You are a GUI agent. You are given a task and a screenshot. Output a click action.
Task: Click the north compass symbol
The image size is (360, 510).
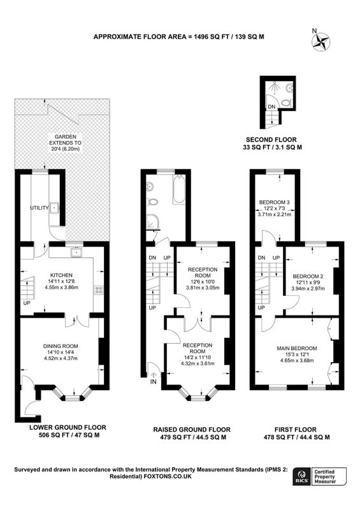point(321,42)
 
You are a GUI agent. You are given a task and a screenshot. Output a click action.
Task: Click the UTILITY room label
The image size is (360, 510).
point(40,208)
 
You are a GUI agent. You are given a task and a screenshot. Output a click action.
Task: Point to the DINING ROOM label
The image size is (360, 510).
point(61,346)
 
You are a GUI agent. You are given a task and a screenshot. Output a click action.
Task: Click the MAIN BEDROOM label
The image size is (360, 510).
point(296,348)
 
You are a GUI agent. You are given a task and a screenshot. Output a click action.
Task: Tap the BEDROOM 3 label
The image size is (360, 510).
point(274,202)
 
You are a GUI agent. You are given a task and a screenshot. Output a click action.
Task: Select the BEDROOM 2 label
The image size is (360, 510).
point(308,277)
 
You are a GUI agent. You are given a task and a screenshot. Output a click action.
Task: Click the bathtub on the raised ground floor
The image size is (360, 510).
point(179,189)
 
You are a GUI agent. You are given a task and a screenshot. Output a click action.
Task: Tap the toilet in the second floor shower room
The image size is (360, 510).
point(286,103)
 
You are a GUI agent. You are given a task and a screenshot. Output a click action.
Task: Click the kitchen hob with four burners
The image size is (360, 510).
point(99,290)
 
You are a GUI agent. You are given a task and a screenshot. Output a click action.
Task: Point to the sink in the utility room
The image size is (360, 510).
point(54,207)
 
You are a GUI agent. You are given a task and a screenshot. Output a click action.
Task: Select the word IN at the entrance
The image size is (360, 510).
point(153,382)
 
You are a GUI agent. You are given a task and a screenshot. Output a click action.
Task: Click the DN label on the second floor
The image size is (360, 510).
point(271,106)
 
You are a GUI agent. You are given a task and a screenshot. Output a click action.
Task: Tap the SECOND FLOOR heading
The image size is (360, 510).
point(271,140)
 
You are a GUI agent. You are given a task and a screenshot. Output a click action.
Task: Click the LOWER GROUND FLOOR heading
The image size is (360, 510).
point(68,427)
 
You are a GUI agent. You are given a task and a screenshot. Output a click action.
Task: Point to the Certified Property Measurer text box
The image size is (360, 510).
point(329,477)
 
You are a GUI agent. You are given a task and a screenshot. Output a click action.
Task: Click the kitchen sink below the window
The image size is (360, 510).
point(77,252)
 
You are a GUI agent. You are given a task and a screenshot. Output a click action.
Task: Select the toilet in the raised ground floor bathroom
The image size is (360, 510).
point(152,202)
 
